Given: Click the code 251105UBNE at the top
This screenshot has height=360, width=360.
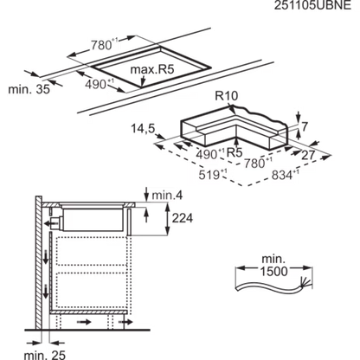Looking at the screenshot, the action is (312, 5).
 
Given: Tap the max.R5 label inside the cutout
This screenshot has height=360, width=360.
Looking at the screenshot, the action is (152, 69).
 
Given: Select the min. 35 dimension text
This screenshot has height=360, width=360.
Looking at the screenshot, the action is (29, 89).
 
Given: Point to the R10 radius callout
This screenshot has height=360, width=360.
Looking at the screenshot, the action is (227, 96).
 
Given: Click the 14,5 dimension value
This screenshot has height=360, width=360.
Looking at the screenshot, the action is (143, 128).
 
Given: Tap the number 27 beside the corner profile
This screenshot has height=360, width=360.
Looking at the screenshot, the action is (308, 156).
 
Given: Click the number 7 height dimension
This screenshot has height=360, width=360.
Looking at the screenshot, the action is (305, 126).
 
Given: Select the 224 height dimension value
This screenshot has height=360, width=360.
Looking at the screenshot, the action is (183, 218).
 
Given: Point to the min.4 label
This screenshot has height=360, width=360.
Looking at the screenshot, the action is (167, 196).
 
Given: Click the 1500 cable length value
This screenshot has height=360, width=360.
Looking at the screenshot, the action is (273, 271).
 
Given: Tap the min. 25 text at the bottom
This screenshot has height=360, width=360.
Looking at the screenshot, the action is (45, 355).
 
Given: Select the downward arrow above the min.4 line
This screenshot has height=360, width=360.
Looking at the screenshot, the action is (146, 194).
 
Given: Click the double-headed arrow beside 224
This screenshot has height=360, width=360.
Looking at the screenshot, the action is (167, 219).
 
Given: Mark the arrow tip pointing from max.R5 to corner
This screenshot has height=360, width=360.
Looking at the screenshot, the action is (141, 87).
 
